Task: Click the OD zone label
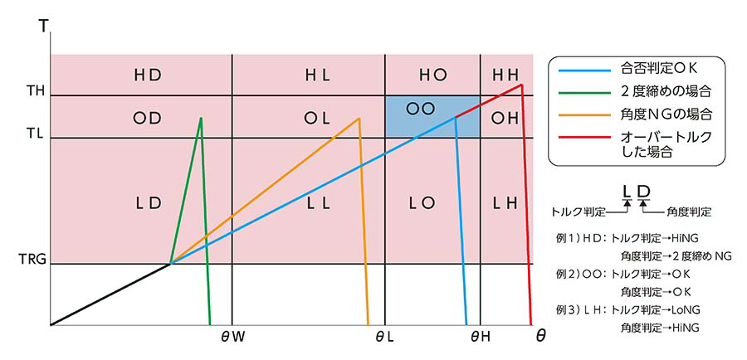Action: [147, 118]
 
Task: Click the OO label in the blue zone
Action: [422, 109]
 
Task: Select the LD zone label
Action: [147, 202]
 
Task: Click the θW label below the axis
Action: [233, 336]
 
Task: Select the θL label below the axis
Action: [384, 336]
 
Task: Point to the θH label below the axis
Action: [481, 336]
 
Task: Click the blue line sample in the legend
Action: [586, 71]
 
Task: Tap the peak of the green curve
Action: [201, 118]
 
